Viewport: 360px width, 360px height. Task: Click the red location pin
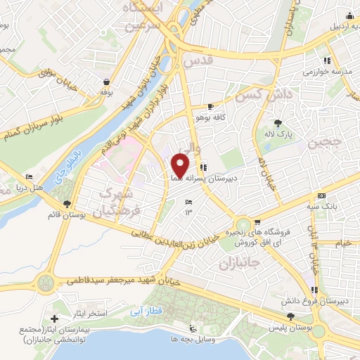click(x=181, y=165)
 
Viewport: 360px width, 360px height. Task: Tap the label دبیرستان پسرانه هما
click(x=204, y=178)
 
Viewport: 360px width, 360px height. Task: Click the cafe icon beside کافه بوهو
click(x=211, y=107)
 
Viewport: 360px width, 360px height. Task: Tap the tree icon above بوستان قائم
click(x=67, y=204)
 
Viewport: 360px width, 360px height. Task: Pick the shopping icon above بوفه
click(x=106, y=82)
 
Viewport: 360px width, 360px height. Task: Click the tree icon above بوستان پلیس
click(x=271, y=326)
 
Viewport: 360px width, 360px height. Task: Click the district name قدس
click(x=197, y=61)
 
